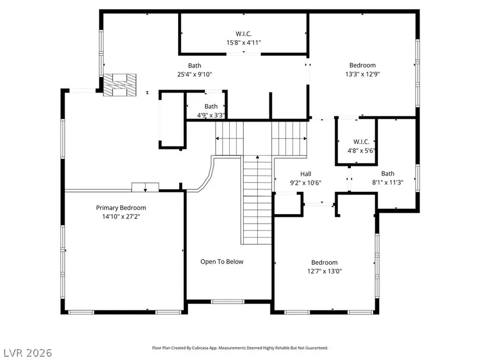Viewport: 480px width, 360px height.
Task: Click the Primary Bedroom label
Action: [x=121, y=208]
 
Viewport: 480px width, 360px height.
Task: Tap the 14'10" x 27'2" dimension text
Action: [x=121, y=217]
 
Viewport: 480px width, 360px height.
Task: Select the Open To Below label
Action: [x=222, y=262]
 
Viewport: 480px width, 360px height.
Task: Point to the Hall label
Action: [x=305, y=174]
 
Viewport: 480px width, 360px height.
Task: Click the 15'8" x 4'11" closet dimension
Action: [x=244, y=42]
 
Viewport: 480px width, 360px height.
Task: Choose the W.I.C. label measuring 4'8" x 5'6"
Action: [x=361, y=142]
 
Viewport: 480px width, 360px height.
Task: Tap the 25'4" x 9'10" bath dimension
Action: [x=195, y=74]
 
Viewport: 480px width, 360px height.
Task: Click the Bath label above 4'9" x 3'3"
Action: [x=211, y=106]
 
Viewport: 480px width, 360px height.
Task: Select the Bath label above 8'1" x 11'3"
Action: [x=387, y=173]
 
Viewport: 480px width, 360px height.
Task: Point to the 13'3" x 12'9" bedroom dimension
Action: [x=362, y=74]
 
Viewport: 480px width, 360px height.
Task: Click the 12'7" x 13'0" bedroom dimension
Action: [x=325, y=271]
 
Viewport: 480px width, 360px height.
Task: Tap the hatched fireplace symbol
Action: [x=120, y=85]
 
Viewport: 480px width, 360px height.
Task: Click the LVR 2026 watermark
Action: [x=28, y=352]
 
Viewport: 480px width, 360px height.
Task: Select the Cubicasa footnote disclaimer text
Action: [x=240, y=348]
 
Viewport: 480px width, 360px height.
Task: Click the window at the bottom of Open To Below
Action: [x=227, y=301]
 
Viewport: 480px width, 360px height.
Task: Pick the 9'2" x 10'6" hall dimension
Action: [x=305, y=183]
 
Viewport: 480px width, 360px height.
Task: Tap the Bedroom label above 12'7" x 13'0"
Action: [x=325, y=262]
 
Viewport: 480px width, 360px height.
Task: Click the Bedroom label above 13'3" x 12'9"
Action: [x=362, y=65]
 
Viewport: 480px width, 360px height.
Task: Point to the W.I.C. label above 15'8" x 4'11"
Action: [x=244, y=34]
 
